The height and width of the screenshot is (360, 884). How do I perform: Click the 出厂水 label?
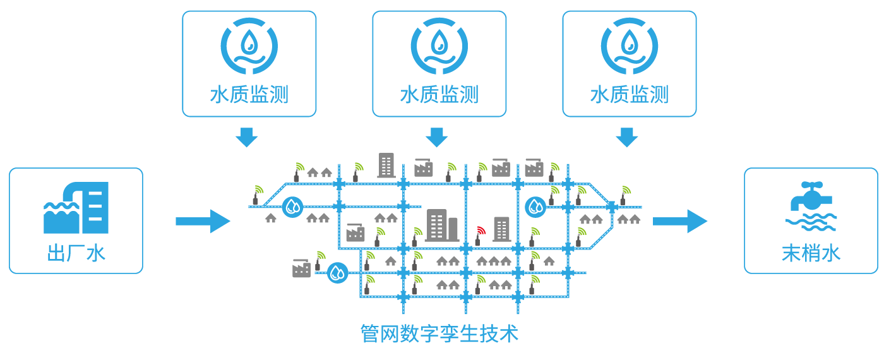[x=76, y=253]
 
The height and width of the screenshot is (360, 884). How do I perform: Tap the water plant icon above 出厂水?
[x=76, y=208]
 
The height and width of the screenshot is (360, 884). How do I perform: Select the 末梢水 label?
[x=811, y=253]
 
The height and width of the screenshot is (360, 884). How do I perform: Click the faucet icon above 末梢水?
[x=811, y=206]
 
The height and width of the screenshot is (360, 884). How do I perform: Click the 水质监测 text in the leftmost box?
[x=249, y=95]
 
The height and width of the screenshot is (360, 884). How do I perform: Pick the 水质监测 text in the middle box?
[x=439, y=95]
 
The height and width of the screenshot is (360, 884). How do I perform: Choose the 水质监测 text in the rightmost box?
[x=630, y=95]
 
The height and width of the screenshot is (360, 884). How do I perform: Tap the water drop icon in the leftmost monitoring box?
[x=249, y=45]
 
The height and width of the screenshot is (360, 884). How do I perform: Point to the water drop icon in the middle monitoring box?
[x=439, y=45]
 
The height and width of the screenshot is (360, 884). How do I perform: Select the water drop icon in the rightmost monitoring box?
[x=630, y=45]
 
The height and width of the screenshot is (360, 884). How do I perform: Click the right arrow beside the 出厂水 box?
[x=203, y=221]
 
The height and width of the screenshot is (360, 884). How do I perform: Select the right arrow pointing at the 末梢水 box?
[x=680, y=221]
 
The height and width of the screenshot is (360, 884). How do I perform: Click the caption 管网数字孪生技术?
[x=439, y=334]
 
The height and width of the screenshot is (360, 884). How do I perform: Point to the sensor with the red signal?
[x=479, y=236]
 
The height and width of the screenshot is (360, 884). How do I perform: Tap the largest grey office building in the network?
[x=443, y=225]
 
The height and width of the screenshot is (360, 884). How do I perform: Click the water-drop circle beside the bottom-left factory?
[x=337, y=273]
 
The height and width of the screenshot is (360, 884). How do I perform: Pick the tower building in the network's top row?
[x=386, y=165]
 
